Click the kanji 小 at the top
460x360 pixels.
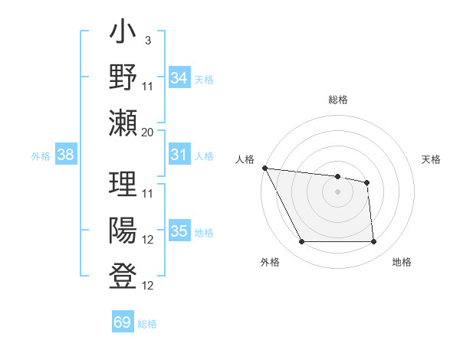click(123, 35)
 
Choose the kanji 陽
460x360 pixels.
click(123, 230)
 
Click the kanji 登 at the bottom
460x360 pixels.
click(123, 275)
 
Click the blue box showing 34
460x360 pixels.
click(179, 77)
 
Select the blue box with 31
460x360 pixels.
click(179, 155)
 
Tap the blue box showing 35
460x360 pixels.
click(179, 231)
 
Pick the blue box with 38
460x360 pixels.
click(65, 155)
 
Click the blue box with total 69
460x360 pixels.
click(122, 322)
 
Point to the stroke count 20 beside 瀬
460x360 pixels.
click(148, 132)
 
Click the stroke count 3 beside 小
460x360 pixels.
click(147, 40)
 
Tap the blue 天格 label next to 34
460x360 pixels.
click(204, 79)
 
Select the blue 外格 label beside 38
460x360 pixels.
click(41, 156)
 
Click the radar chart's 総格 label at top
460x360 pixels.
click(337, 100)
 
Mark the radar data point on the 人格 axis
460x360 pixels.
click(264, 168)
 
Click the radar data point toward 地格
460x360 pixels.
click(373, 242)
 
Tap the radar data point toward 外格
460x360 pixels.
click(301, 242)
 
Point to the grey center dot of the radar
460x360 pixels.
click(337, 191)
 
